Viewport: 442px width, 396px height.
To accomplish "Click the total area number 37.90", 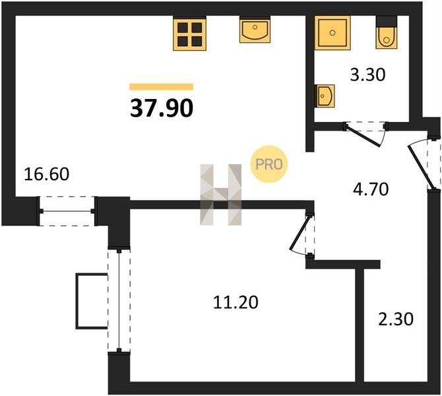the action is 162,109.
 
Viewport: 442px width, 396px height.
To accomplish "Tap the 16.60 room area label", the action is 47,174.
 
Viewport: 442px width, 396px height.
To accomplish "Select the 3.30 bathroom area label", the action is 367,75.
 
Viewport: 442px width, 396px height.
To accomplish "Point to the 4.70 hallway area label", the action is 371,189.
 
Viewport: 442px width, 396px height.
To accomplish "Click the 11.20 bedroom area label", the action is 236,303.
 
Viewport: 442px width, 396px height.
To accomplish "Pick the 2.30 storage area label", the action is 396,319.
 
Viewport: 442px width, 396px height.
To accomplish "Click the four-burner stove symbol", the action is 190,34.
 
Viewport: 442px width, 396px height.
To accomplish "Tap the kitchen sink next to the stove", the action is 255,30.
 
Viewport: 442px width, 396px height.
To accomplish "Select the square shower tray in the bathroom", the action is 332,33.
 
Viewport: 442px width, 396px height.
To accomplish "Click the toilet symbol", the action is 387,32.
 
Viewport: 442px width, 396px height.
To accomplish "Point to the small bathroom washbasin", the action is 325,96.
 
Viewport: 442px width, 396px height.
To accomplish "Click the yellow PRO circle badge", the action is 269,164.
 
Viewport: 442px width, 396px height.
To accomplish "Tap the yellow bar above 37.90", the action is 161,86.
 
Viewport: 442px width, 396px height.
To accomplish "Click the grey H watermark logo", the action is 221,194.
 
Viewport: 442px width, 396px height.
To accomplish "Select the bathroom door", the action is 365,133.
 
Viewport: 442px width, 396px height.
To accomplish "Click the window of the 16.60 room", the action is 67,211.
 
